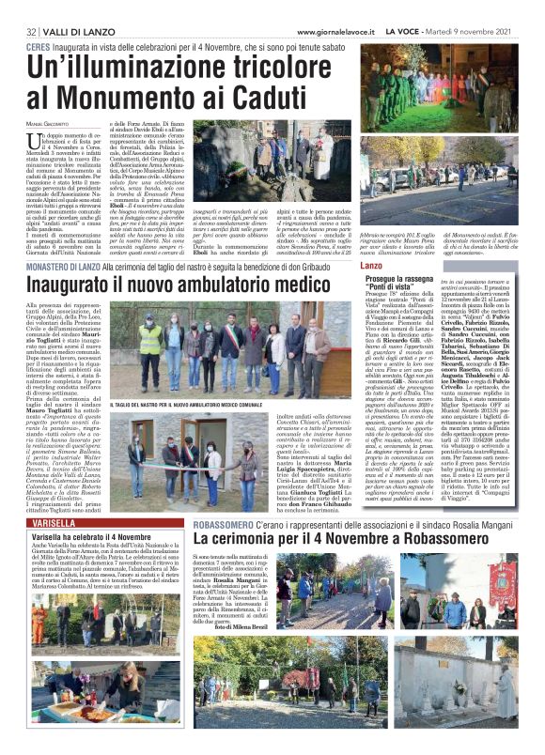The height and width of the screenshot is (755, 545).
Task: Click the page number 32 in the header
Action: pyautogui.click(x=31, y=33)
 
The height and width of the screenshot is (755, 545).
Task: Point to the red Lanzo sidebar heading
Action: pyautogui.click(x=372, y=268)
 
